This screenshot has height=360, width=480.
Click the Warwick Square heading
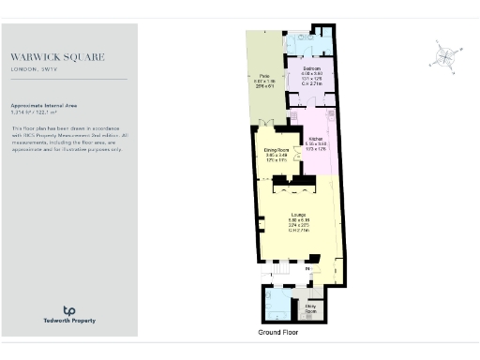point(58,57)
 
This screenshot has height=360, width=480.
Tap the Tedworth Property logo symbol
point(68,310)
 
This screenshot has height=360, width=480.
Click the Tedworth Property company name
point(68,321)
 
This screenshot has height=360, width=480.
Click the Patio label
point(264,77)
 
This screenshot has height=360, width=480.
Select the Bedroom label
point(312,68)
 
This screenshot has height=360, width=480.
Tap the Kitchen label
point(316,138)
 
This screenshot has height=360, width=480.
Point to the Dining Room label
point(276,151)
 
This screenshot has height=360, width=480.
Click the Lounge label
point(298,215)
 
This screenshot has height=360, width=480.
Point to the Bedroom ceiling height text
point(312,83)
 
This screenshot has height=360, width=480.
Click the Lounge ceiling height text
point(298,230)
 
